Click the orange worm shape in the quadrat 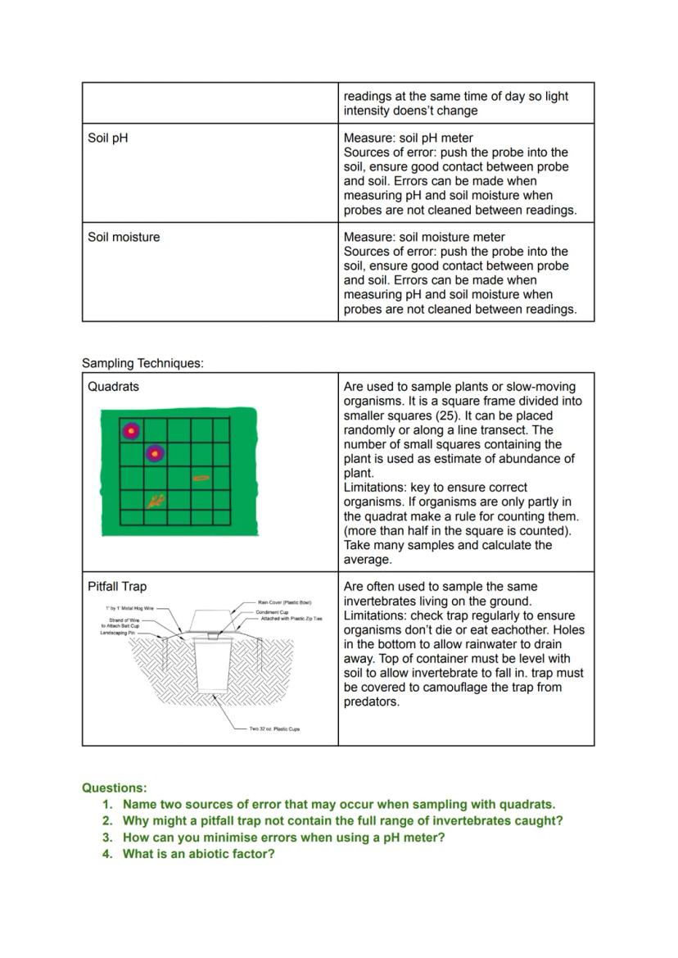(201, 477)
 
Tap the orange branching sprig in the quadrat (156, 500)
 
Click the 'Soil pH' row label (108, 138)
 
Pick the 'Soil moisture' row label (124, 237)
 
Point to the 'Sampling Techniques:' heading (142, 363)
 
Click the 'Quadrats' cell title (113, 387)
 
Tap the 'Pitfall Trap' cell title (117, 587)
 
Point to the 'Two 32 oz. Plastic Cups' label (274, 729)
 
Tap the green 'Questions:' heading (115, 788)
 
